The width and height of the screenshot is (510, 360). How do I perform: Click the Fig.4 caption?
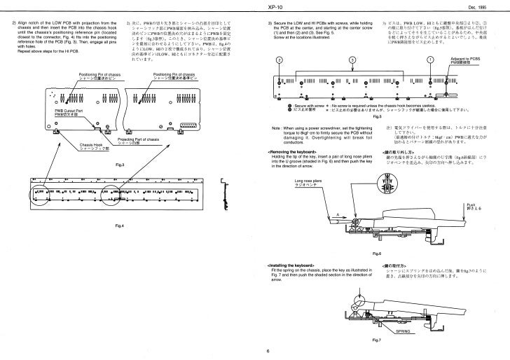119,225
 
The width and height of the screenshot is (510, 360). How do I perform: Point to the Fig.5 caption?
377,116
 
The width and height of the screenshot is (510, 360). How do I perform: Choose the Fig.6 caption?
377,253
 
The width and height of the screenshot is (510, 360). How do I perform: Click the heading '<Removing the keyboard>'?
291,151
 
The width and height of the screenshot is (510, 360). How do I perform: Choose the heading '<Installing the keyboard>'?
291,265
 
